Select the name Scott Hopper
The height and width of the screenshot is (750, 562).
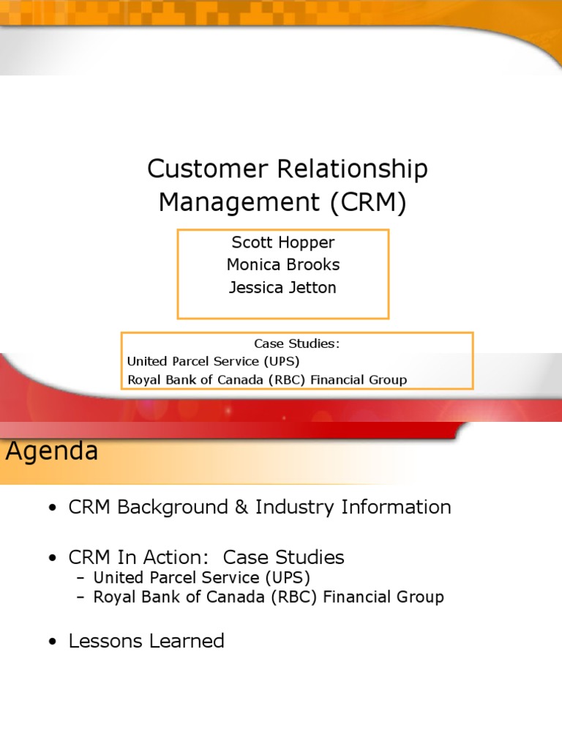coord(282,242)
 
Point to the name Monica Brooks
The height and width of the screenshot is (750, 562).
coord(282,264)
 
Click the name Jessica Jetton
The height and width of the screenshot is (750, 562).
coord(282,287)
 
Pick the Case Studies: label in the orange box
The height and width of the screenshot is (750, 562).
coord(297,344)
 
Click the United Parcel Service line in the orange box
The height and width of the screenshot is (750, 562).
coord(213,361)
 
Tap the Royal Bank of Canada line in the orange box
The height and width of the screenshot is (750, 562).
coord(266,379)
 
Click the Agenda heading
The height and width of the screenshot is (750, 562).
coord(52,451)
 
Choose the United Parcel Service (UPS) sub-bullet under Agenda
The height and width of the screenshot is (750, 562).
coord(196,577)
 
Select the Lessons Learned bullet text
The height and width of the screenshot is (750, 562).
coord(146,641)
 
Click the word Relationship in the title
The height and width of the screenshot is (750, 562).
coord(352,169)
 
